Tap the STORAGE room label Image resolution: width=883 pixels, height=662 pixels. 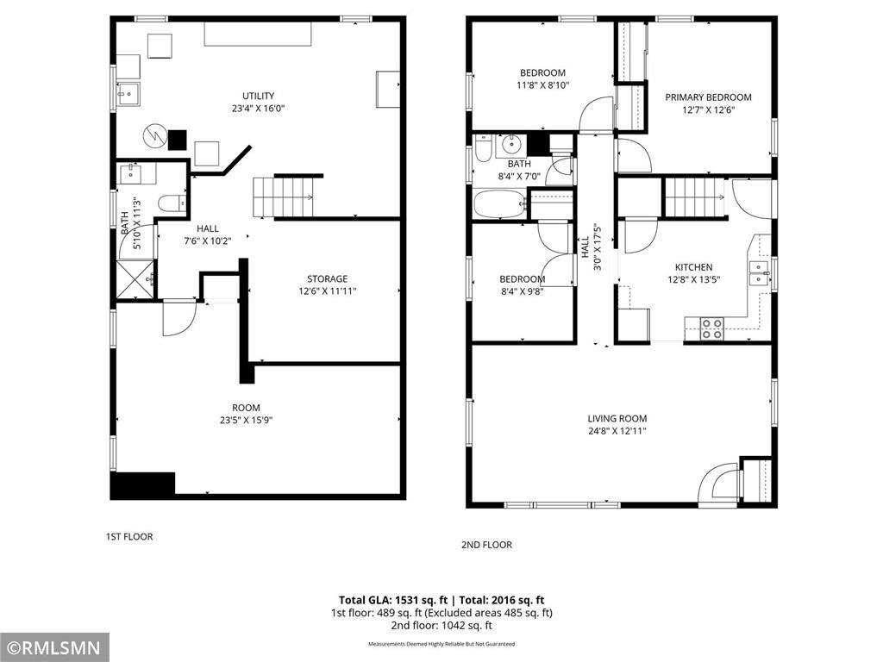coord(328,278)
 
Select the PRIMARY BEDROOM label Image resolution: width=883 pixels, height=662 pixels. coord(708,97)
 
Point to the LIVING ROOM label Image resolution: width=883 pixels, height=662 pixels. coord(617,418)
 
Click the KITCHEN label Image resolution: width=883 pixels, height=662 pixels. coord(693,267)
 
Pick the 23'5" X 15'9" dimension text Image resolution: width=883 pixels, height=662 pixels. coord(246,421)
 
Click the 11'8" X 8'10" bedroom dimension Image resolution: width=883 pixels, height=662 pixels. coord(542,84)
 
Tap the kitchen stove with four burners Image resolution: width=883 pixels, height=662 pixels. coord(711,328)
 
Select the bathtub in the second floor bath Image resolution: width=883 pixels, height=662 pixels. coord(500,206)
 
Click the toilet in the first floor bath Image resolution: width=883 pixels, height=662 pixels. coord(169,203)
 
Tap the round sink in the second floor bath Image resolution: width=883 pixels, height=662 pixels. coord(512,144)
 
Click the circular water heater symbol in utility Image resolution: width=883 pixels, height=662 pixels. coord(153,134)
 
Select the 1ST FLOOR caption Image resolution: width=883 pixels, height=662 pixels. coord(128,536)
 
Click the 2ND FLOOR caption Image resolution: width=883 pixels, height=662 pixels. coord(487,545)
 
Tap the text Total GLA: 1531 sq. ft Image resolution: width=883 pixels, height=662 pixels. coord(391,600)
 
